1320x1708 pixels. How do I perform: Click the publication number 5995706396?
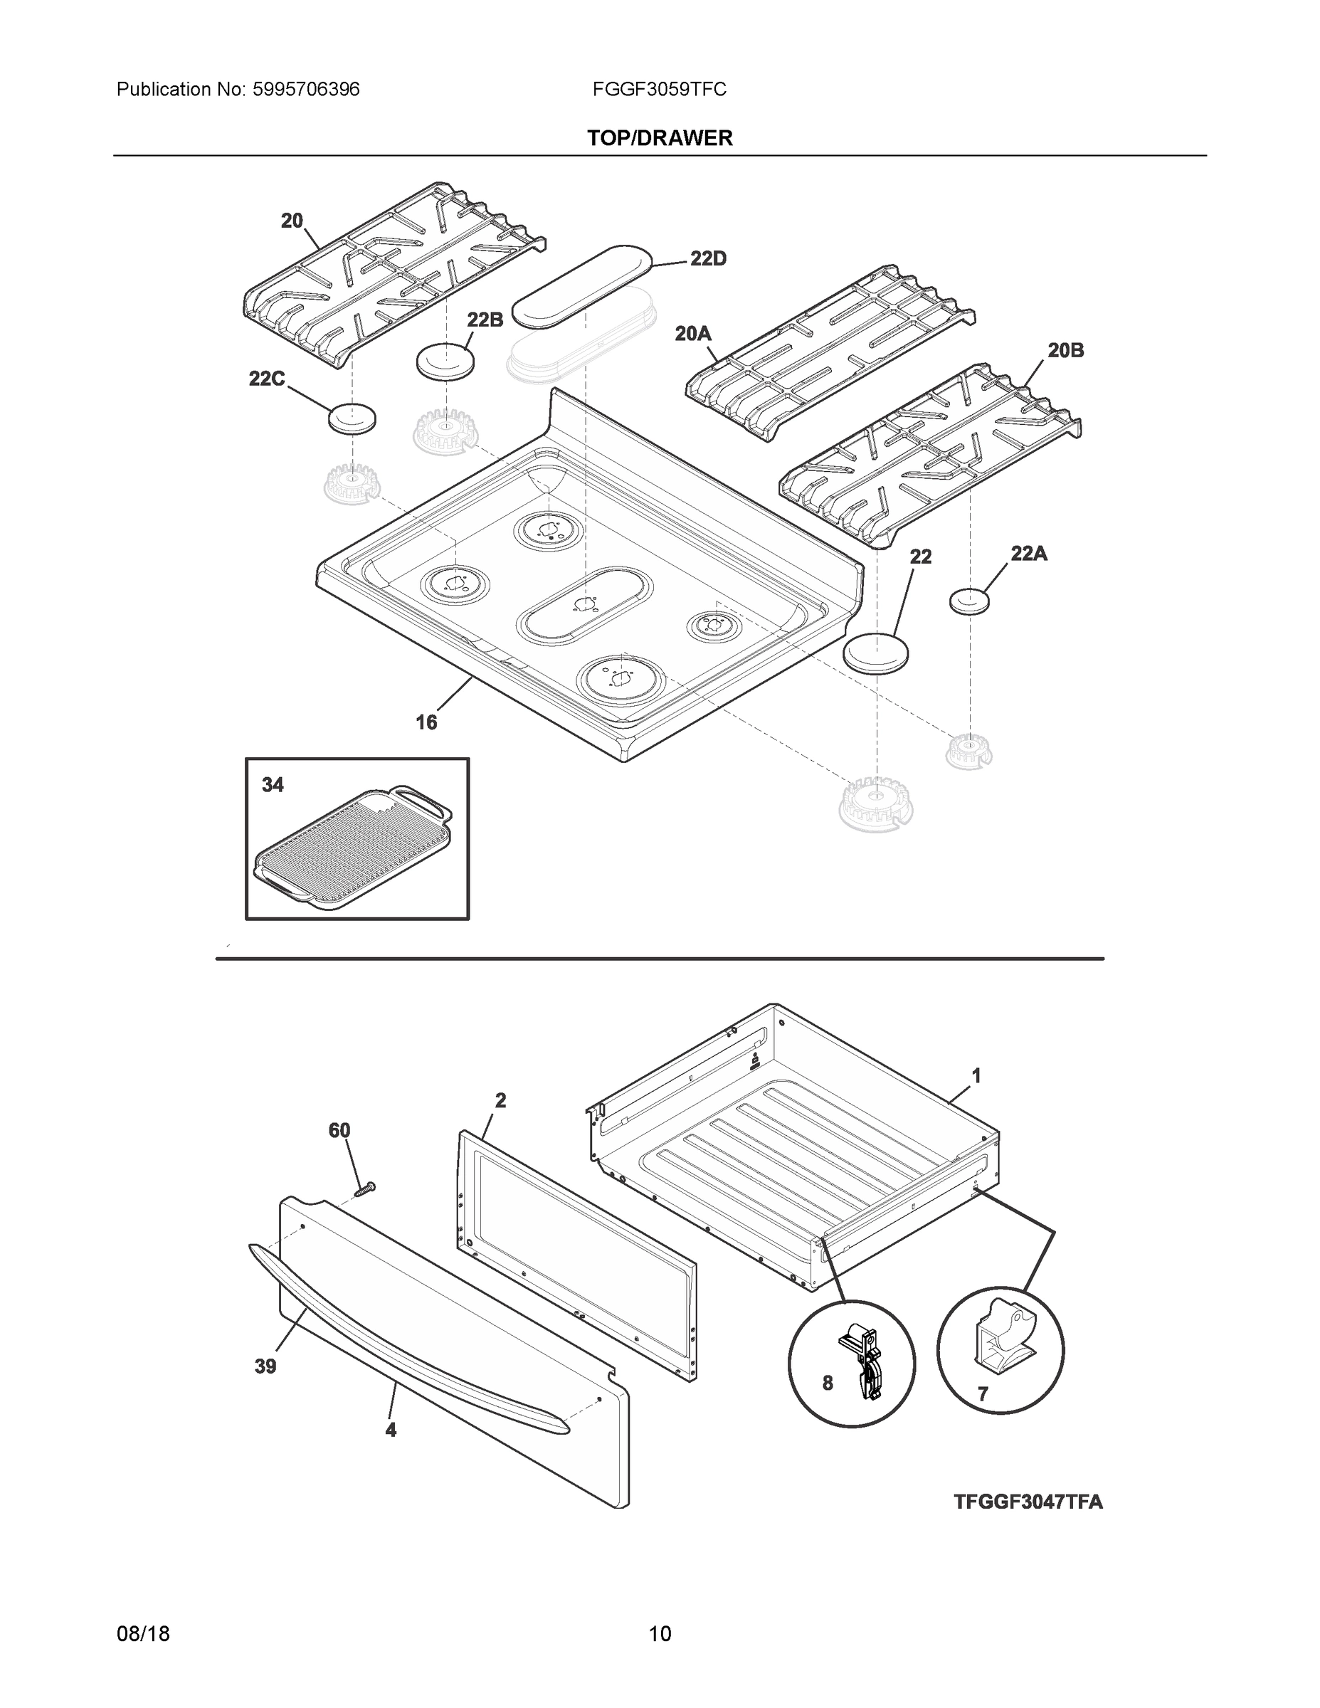(306, 90)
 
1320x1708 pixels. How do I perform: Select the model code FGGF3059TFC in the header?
(659, 90)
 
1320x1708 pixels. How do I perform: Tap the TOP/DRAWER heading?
(659, 139)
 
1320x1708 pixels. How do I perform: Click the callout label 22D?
(708, 259)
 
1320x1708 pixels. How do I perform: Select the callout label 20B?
(1065, 351)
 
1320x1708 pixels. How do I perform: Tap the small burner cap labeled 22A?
(969, 601)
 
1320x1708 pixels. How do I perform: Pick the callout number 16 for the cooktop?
(426, 722)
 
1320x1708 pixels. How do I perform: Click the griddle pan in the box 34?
(352, 848)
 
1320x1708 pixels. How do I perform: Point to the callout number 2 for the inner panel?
(500, 1100)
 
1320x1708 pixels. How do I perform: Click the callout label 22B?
(485, 319)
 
